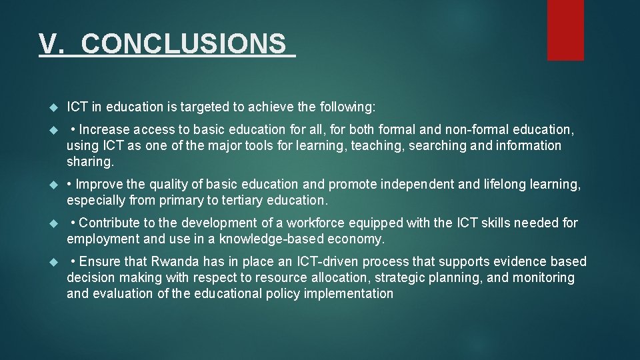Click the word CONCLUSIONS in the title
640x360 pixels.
(183, 44)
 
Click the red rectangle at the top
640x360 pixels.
(565, 29)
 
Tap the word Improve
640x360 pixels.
(102, 184)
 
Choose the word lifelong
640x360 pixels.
(504, 184)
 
